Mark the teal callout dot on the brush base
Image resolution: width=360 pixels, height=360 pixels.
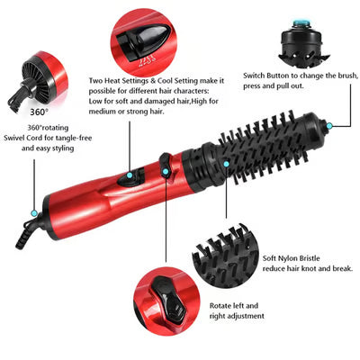(x=227, y=162)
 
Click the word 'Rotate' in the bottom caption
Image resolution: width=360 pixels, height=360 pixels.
(x=222, y=305)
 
